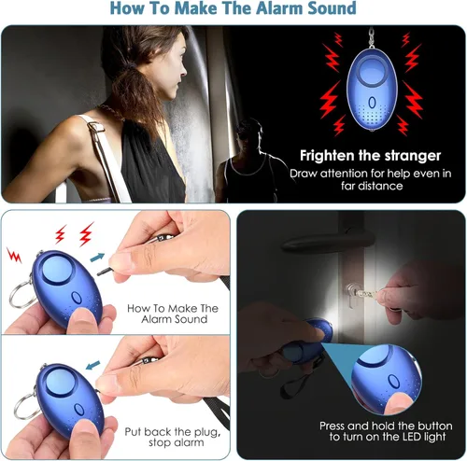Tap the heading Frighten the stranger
pos(370,156)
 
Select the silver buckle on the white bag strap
pos(95,127)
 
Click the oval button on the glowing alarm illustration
pos(372,103)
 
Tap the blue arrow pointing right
pos(97,258)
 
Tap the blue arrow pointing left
pos(92,365)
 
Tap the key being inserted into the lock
pos(366,294)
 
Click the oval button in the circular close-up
pos(394,381)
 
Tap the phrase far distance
pos(372,186)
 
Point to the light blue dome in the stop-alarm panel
pos(61,382)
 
